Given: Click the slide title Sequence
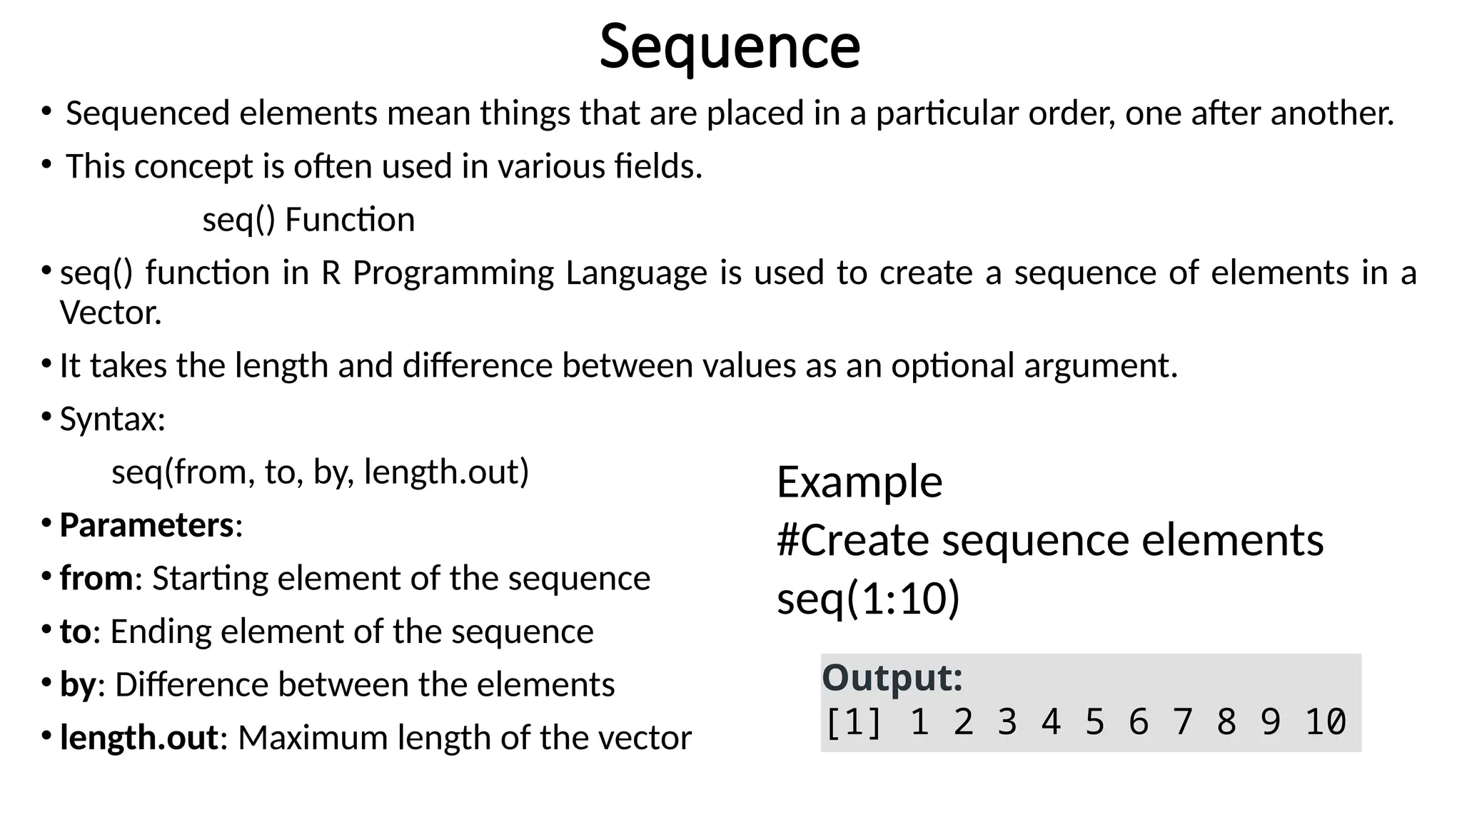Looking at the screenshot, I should pyautogui.click(x=730, y=46).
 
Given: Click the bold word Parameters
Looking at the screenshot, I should pyautogui.click(x=146, y=525).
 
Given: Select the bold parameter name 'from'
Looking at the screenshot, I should pyautogui.click(x=96, y=578).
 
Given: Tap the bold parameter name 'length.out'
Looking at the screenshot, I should pyautogui.click(x=138, y=738).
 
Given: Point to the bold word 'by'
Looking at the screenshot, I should pyautogui.click(x=77, y=685).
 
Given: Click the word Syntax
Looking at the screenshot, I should pyautogui.click(x=111, y=419).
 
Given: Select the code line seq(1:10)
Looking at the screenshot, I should pyautogui.click(x=868, y=598).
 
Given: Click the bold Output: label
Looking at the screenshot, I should pyautogui.click(x=892, y=677).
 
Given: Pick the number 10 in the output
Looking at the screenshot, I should pyautogui.click(x=1326, y=721).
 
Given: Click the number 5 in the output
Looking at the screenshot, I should pyautogui.click(x=1094, y=721).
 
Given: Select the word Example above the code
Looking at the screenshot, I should pyautogui.click(x=859, y=482).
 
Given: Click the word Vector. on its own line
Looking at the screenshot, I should pyautogui.click(x=111, y=313).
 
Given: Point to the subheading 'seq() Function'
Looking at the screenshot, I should pyautogui.click(x=308, y=220).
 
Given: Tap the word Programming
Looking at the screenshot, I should pyautogui.click(x=453, y=273).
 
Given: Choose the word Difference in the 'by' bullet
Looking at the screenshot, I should pyautogui.click(x=191, y=685).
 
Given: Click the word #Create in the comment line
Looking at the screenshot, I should pyautogui.click(x=852, y=540).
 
